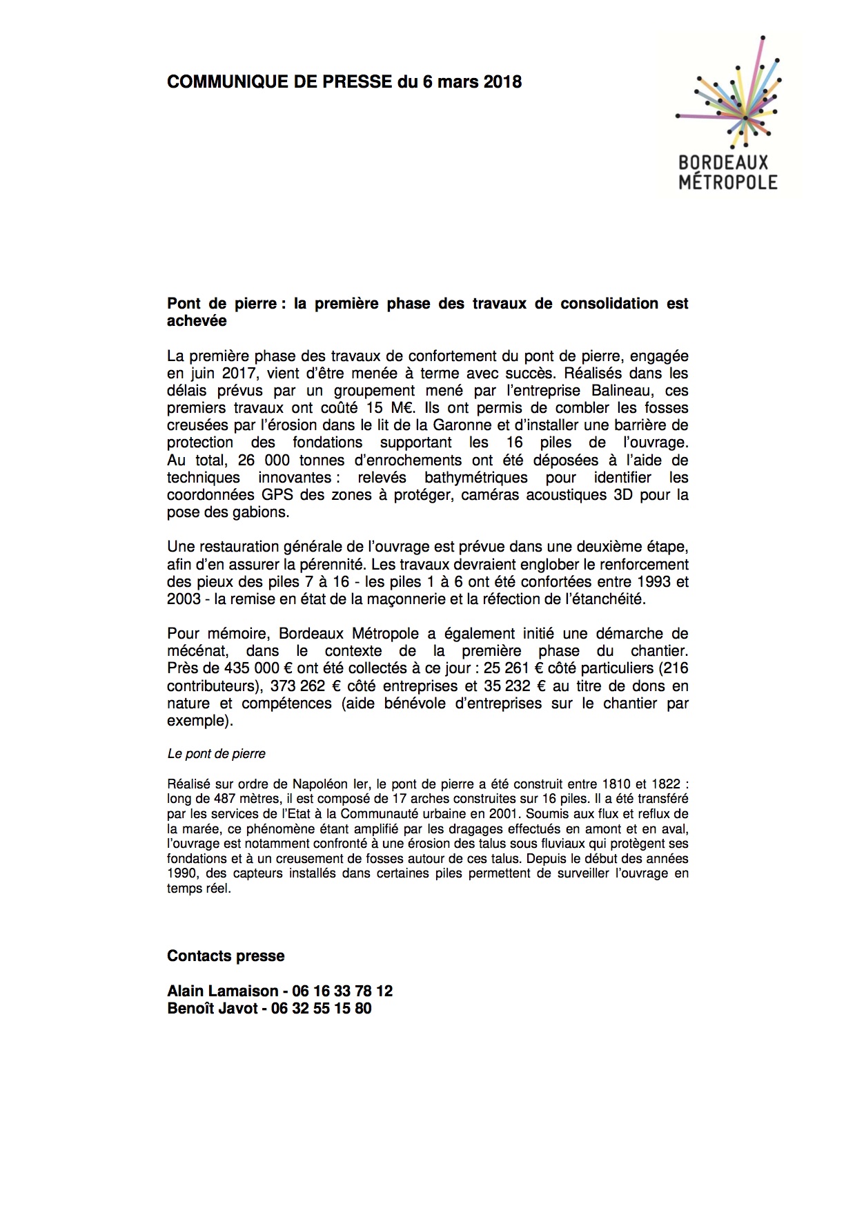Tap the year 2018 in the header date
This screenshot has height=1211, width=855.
click(x=502, y=82)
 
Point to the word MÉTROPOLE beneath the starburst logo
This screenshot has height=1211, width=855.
click(x=728, y=182)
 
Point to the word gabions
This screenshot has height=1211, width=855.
click(x=259, y=512)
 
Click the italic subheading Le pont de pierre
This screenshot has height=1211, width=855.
click(x=217, y=754)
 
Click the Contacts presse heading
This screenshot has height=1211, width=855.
click(x=226, y=956)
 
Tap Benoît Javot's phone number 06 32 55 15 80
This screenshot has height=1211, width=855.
click(x=321, y=1009)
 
